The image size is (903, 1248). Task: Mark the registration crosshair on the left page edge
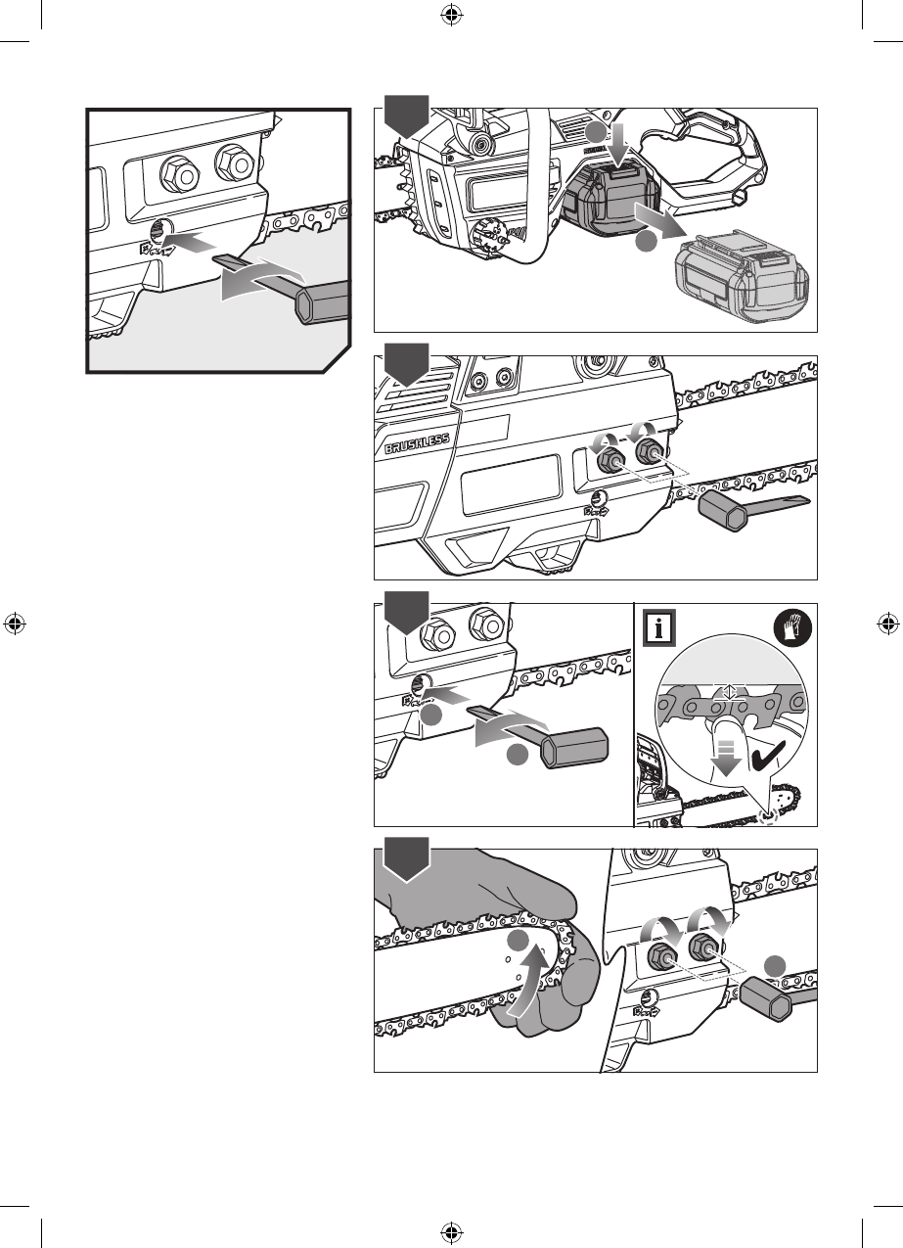pos(15,624)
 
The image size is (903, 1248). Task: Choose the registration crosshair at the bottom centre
pos(451,1232)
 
